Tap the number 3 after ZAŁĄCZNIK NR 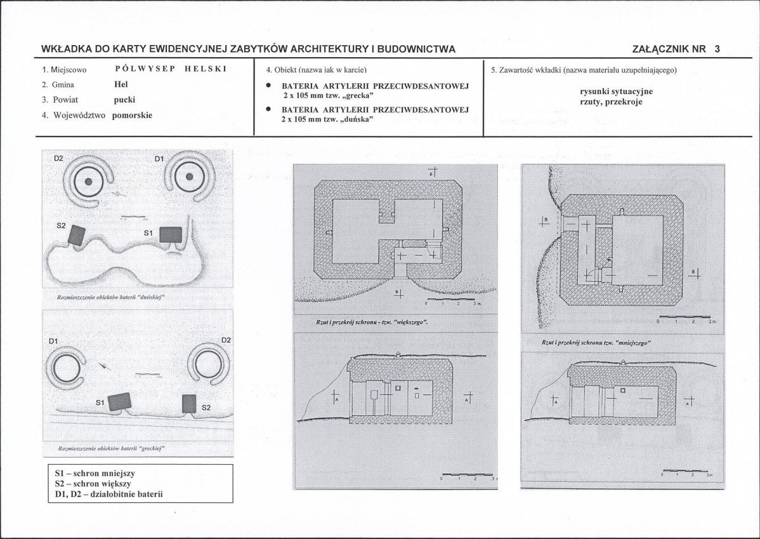717,49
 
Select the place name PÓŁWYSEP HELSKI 171,69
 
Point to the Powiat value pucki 124,100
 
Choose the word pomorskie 132,116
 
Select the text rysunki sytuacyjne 616,91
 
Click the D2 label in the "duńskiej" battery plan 58,157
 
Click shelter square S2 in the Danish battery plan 78,235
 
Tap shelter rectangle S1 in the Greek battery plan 119,402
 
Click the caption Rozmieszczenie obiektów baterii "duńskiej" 107,296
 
